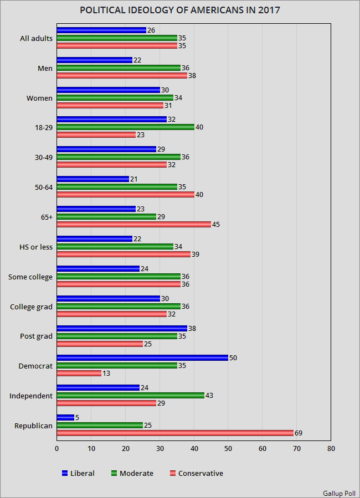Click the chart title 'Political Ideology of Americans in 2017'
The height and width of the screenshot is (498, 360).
[180, 11]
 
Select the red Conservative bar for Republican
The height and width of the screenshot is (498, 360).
[174, 433]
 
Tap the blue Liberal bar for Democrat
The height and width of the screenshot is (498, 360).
[142, 358]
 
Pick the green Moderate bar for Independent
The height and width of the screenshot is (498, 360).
[130, 396]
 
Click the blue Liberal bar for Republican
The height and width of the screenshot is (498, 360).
[65, 418]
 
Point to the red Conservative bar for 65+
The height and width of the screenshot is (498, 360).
[133, 225]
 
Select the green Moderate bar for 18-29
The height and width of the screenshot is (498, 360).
[125, 127]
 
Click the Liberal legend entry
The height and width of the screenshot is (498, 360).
[78, 473]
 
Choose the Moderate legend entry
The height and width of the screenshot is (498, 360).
[132, 473]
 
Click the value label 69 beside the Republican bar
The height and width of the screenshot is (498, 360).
[299, 433]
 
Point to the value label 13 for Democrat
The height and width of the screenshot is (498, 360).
[106, 373]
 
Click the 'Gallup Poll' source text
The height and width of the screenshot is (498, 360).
[339, 492]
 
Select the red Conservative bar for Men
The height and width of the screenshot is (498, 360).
[122, 76]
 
